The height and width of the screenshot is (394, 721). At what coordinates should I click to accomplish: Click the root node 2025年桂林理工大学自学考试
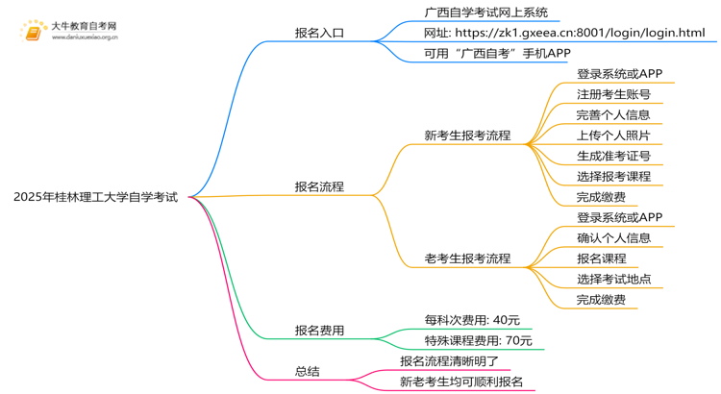click(95, 197)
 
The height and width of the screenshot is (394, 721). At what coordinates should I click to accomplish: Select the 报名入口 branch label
click(319, 33)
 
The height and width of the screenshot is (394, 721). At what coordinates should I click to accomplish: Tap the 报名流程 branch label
click(319, 186)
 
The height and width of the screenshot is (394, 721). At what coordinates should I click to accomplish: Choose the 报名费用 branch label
click(319, 331)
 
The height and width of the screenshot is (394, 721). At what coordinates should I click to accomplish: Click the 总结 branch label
click(307, 371)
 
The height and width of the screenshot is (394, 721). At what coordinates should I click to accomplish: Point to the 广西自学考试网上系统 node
click(485, 12)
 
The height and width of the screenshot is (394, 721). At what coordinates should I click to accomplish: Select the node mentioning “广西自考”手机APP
click(497, 54)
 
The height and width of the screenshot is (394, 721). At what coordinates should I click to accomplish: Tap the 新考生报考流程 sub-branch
click(467, 135)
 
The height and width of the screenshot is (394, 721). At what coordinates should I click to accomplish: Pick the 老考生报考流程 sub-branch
click(467, 259)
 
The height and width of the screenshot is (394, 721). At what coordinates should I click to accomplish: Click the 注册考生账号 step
click(613, 94)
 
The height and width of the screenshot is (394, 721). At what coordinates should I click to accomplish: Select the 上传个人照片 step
click(613, 135)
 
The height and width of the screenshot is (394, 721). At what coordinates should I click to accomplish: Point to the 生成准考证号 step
click(613, 156)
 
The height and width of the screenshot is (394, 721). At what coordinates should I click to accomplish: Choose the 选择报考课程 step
click(613, 176)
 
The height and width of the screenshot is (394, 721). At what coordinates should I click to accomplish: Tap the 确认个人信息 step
click(613, 237)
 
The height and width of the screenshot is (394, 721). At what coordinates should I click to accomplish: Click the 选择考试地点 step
click(613, 279)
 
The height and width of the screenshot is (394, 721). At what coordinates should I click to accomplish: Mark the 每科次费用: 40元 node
click(472, 320)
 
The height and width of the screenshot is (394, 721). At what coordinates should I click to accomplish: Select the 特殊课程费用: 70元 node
click(478, 340)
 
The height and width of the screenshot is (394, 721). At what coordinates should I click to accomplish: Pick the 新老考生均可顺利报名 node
click(461, 382)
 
